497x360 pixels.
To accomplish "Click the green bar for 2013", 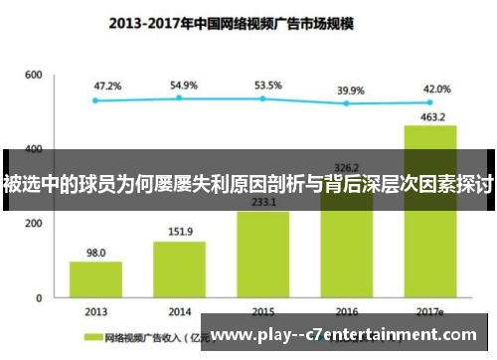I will click(95, 278).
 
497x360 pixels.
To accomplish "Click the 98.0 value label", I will click(95, 253).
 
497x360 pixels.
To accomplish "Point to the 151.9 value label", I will click(179, 233).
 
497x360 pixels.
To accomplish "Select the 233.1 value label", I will click(262, 202).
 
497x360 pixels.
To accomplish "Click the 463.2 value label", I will click(430, 116).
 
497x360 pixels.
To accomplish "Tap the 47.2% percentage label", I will click(107, 87).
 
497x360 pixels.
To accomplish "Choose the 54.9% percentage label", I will click(184, 86).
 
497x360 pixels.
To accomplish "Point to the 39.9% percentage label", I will click(351, 90).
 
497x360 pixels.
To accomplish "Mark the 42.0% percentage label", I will click(435, 89).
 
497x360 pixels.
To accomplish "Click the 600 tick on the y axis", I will click(34, 75).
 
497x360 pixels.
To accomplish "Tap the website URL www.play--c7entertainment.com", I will click(352, 335).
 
